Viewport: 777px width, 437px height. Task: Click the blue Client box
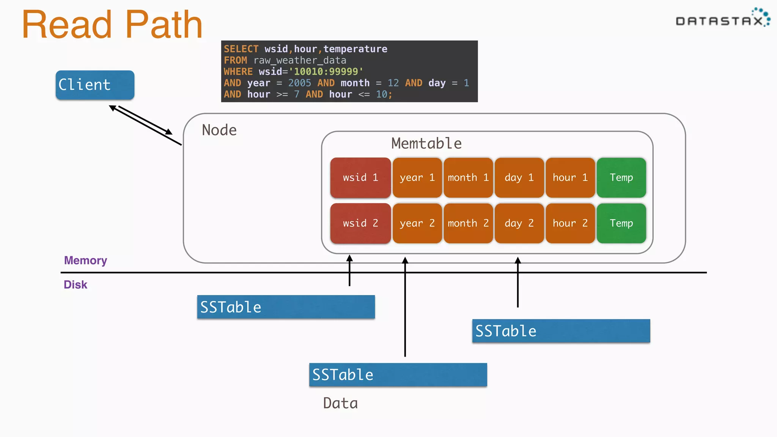[95, 85]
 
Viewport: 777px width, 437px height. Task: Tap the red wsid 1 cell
[360, 178]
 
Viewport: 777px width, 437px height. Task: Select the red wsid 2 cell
[360, 223]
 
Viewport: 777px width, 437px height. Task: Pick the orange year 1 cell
[417, 178]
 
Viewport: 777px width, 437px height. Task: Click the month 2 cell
[468, 223]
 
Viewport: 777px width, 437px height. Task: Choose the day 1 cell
[519, 178]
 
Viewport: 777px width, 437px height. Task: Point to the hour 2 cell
[570, 223]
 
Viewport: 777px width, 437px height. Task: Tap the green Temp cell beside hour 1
[621, 178]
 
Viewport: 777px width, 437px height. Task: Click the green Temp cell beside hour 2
[621, 223]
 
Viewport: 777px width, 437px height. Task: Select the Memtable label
[426, 143]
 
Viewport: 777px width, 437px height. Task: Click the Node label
[219, 130]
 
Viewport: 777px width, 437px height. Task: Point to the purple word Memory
[85, 260]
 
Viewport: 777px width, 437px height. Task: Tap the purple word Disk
[75, 285]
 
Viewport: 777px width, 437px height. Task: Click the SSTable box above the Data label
[398, 375]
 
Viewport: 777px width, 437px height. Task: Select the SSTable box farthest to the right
[561, 331]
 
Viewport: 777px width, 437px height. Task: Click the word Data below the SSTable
[340, 403]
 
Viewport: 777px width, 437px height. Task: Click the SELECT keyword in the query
[241, 49]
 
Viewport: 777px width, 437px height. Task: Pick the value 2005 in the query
[299, 83]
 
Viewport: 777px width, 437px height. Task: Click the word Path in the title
[164, 25]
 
